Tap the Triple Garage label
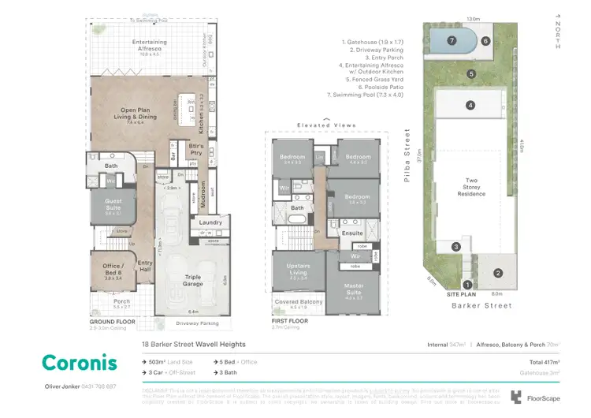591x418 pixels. pos(192,277)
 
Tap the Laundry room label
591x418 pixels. pos(210,222)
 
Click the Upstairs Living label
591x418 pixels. pos(299,268)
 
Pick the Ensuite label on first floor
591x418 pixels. pos(352,233)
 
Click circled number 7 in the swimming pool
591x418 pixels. pos(452,40)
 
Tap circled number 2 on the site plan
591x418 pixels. pos(498,273)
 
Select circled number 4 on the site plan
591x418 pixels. pos(470,105)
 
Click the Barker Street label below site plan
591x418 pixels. pos(481,305)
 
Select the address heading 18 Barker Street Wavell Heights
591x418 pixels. pos(193,345)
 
